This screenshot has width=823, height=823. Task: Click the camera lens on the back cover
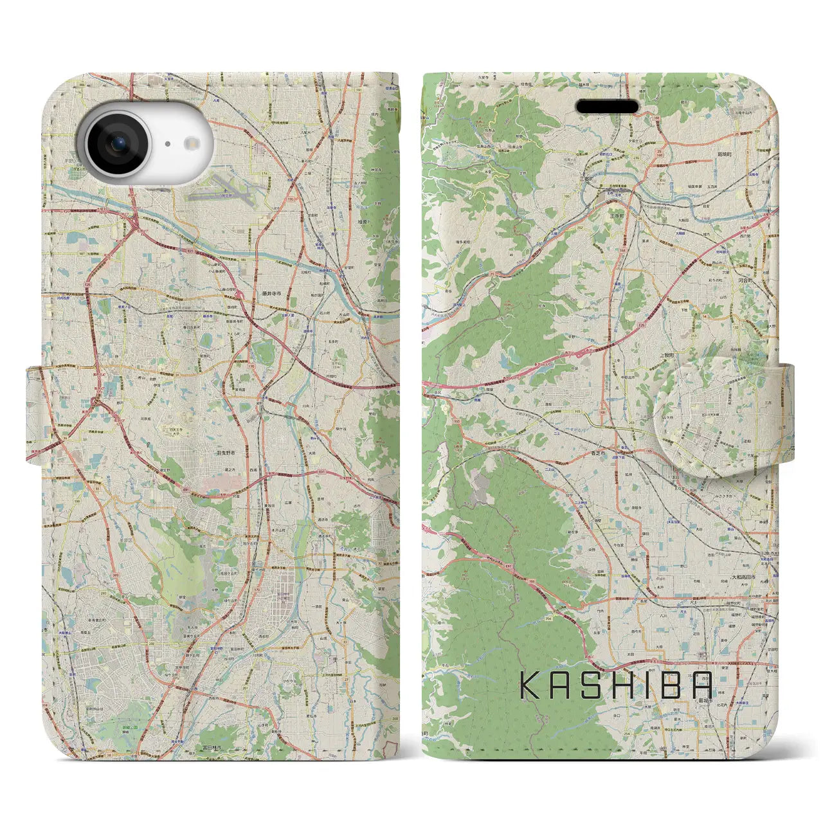point(117,145)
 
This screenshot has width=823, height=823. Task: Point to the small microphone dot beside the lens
point(167,144)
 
